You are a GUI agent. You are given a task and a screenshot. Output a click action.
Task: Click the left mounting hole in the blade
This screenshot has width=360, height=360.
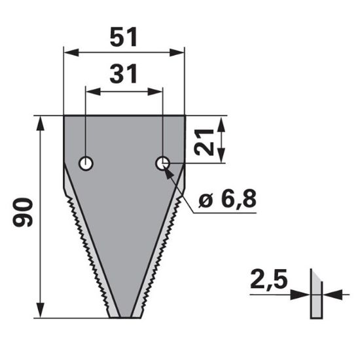86,163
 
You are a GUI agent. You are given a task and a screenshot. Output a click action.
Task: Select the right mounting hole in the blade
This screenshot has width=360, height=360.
162,163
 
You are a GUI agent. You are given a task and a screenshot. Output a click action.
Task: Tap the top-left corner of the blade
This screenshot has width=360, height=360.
65,117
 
